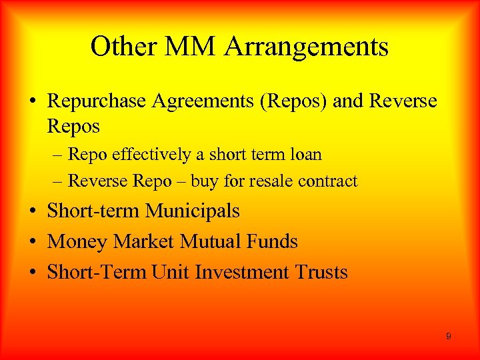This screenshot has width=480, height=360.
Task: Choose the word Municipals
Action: (193, 211)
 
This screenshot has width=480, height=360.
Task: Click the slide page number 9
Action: (448, 337)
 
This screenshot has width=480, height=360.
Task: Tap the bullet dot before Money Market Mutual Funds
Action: (33, 241)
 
